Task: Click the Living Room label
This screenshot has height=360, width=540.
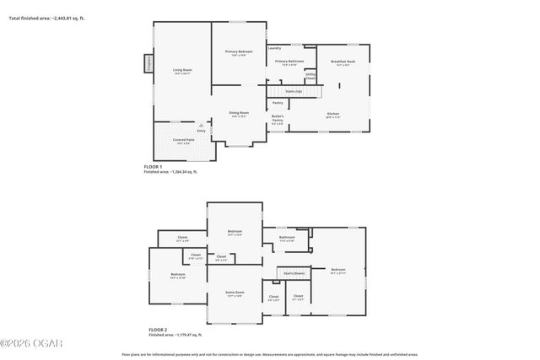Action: (182, 70)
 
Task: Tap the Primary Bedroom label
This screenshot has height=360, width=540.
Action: (239, 52)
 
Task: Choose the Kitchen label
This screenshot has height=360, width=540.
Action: (332, 115)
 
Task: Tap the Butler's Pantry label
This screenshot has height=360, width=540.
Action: (278, 119)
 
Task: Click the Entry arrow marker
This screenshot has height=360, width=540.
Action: (201, 124)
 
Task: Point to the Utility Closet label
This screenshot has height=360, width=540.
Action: (310, 76)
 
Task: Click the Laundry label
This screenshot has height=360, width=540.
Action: (274, 48)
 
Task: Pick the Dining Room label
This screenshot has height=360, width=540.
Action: (239, 114)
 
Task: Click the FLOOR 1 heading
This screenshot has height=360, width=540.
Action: (153, 167)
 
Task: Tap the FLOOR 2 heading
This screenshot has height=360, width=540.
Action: (158, 330)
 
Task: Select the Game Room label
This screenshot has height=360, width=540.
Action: (234, 293)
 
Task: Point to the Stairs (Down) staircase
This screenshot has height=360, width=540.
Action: (294, 273)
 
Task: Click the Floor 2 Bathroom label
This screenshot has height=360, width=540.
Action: (287, 238)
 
